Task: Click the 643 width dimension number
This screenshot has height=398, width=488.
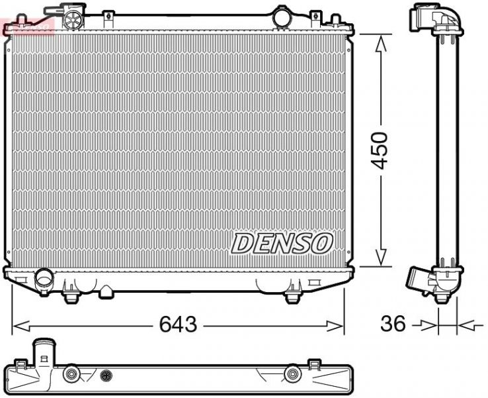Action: [179, 324]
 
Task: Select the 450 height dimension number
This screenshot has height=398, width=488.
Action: [382, 151]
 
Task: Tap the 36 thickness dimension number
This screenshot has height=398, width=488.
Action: [393, 324]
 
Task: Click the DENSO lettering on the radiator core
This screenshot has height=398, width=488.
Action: [282, 243]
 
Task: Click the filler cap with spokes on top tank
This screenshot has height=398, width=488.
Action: [69, 20]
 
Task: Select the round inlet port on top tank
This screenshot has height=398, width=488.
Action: [282, 17]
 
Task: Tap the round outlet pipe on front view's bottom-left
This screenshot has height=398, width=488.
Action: [45, 277]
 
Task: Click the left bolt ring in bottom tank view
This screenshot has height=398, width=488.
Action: [70, 375]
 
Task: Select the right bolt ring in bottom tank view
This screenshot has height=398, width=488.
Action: [291, 375]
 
